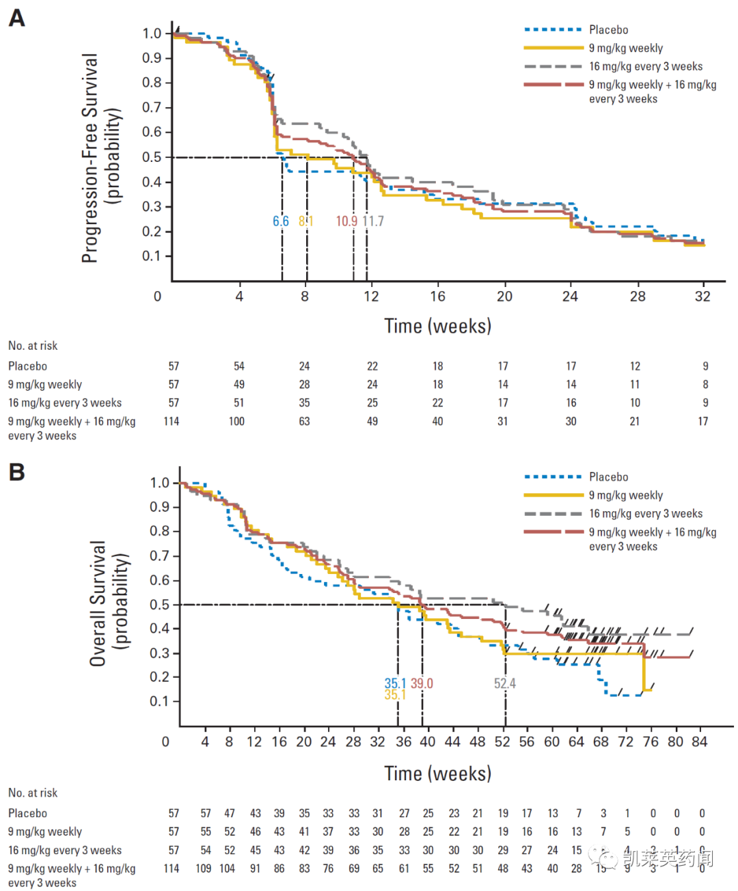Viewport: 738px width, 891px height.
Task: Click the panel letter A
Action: [16, 18]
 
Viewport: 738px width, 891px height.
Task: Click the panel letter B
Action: [16, 472]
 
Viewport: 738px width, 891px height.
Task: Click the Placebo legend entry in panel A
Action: [608, 30]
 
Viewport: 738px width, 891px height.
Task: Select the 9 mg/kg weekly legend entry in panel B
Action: [625, 495]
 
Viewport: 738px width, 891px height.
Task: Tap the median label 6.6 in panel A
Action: [281, 221]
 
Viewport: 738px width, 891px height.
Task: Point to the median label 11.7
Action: [373, 221]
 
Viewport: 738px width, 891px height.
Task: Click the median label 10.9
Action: [346, 221]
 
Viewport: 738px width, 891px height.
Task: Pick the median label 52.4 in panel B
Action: [505, 683]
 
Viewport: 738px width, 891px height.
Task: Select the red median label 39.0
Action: [422, 683]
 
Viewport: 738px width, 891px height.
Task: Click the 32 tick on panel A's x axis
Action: [702, 297]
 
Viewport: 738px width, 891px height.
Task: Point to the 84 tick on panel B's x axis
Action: [699, 742]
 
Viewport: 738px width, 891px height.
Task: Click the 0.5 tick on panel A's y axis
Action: [152, 157]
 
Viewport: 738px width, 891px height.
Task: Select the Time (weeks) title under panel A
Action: [437, 326]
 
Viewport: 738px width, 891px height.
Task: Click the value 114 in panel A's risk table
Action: [172, 422]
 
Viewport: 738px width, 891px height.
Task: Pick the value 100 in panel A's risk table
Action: [236, 422]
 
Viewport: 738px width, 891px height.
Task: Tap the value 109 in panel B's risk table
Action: [204, 868]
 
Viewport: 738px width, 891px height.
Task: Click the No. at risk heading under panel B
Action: [33, 793]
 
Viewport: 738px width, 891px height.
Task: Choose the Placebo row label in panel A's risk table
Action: [27, 366]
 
